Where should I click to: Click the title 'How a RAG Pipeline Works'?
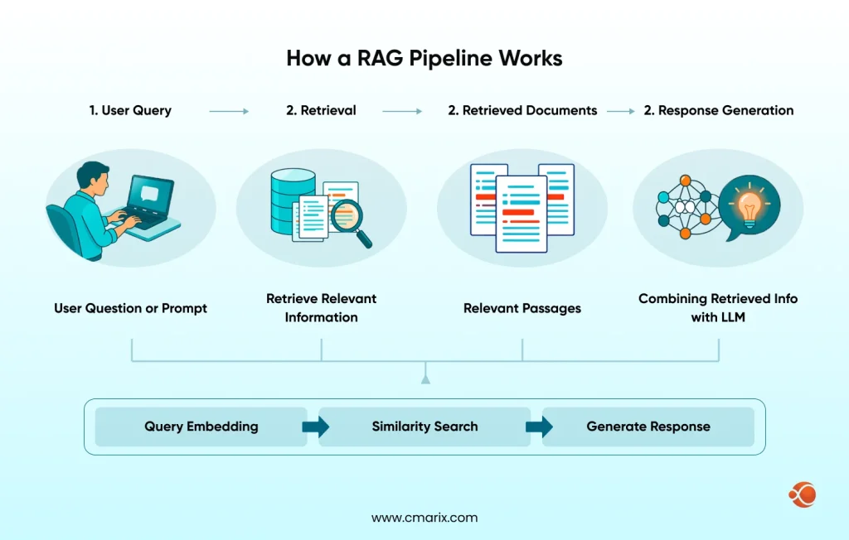tap(424, 59)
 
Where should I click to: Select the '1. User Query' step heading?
tap(130, 110)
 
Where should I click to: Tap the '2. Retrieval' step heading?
tap(321, 110)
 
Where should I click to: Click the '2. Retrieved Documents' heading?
tap(522, 110)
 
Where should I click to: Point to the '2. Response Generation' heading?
tap(719, 110)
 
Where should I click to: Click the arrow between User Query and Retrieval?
tap(229, 110)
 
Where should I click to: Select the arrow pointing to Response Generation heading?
tap(620, 110)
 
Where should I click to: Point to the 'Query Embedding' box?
tap(201, 427)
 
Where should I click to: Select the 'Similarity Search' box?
tap(424, 427)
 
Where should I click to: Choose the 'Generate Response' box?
tap(648, 427)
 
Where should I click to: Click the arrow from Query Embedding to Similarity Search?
tap(313, 427)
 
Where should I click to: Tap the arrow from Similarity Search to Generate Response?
tap(537, 427)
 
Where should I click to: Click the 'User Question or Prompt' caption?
tap(130, 308)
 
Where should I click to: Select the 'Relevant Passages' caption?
tap(522, 308)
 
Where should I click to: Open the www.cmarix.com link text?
tap(424, 518)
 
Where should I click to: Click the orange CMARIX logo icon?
tap(802, 495)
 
